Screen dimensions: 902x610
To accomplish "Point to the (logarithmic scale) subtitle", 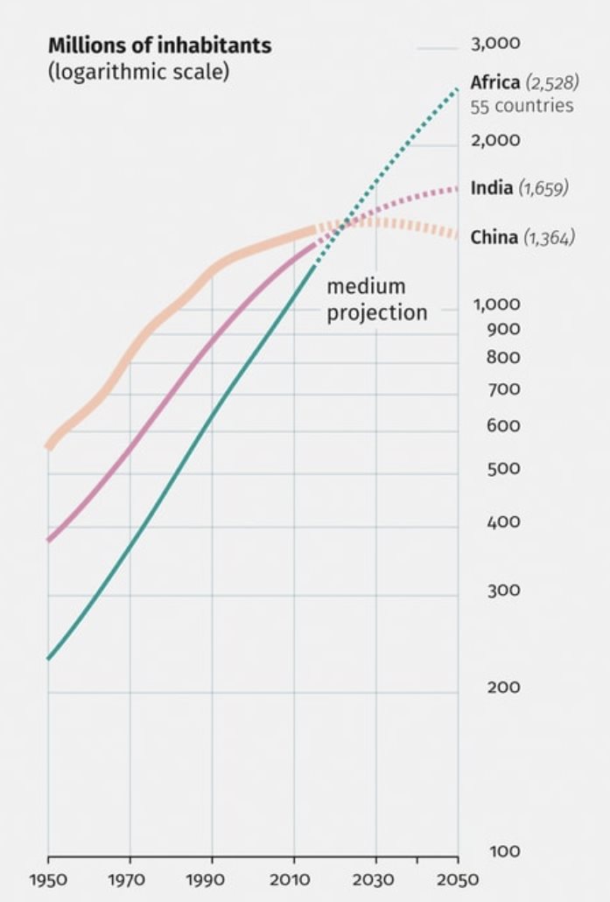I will pyautogui.click(x=138, y=72).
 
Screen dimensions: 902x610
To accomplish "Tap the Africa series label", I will pyautogui.click(x=495, y=83).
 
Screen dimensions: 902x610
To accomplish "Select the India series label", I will pyautogui.click(x=491, y=188).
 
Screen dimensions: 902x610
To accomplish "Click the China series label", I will pyautogui.click(x=494, y=237).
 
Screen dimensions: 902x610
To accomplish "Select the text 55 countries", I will pyautogui.click(x=522, y=107).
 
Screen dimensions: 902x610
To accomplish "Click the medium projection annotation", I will pyautogui.click(x=377, y=299).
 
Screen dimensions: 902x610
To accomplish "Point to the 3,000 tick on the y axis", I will pyautogui.click(x=495, y=44).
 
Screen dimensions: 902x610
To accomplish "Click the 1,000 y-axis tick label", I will pyautogui.click(x=497, y=305).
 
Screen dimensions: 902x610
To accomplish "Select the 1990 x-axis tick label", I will pyautogui.click(x=212, y=879).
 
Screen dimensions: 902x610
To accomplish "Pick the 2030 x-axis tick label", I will pyautogui.click(x=376, y=879).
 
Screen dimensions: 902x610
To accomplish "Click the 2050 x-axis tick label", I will pyautogui.click(x=458, y=879).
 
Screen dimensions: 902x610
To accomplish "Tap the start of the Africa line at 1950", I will pyautogui.click(x=48, y=658).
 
